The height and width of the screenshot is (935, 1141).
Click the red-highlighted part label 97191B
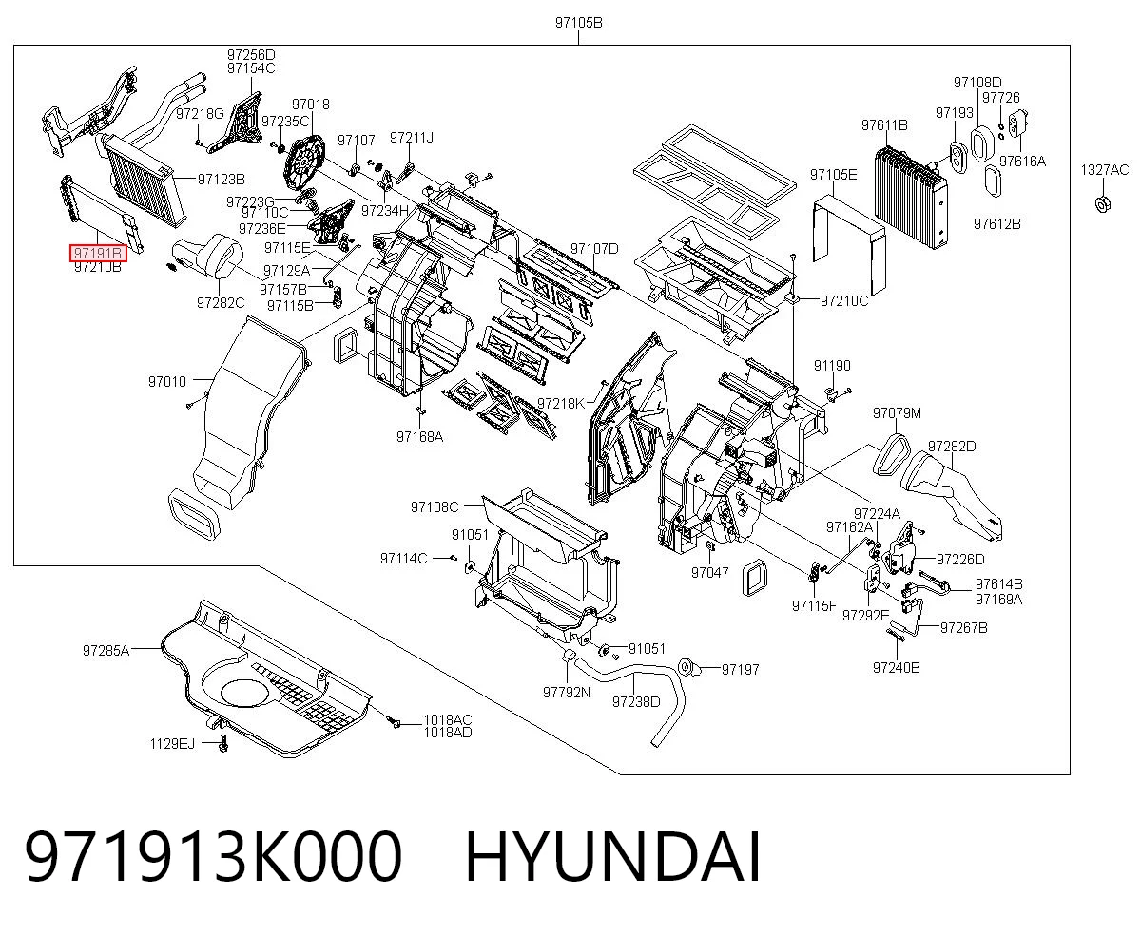coord(98,253)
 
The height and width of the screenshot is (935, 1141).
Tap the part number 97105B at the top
coord(578,23)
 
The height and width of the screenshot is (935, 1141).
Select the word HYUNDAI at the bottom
coord(613,857)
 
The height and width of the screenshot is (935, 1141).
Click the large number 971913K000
coord(213,857)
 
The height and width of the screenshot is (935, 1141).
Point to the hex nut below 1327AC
coord(1103,204)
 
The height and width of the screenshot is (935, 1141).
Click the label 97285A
coord(106,651)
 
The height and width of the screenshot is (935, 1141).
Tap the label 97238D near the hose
coord(636,702)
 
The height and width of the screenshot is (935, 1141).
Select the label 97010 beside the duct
coord(167,382)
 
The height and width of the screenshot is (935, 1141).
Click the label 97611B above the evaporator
coord(884,125)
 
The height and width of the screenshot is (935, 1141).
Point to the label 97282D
coord(952,447)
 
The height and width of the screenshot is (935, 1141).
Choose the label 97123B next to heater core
coord(222,179)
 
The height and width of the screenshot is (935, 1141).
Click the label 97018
coord(311,105)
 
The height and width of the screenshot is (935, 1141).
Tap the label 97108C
coord(435,507)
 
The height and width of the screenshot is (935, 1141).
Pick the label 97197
coord(740,670)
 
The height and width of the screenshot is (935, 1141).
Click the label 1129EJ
coord(172,744)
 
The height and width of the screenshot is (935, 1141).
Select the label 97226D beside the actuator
coord(960,559)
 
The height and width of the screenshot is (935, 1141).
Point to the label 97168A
coord(420,437)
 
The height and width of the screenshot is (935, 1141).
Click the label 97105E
coord(834,175)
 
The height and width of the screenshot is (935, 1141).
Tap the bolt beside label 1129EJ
coord(223,743)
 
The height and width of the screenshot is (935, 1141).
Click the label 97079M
coord(897,413)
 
